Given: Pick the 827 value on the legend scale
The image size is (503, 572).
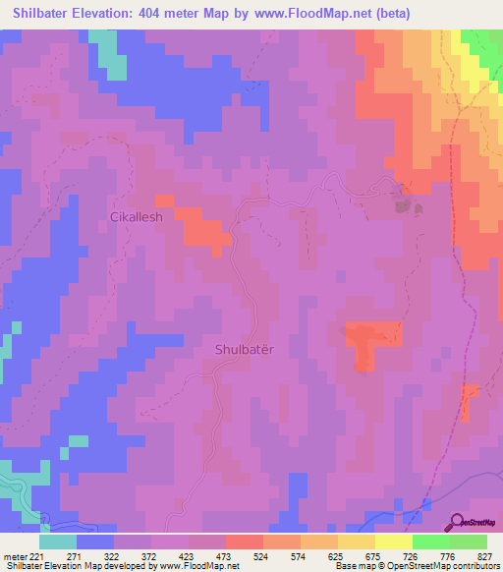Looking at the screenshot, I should click(486, 555).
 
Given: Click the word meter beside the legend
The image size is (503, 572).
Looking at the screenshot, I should click(14, 555).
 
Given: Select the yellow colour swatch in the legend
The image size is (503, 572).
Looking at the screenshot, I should click(393, 542).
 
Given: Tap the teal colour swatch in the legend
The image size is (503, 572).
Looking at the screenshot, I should click(58, 542).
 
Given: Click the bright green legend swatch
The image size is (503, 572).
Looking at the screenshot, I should click(430, 542).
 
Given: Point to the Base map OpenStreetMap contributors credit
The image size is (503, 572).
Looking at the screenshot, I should click(417, 566).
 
